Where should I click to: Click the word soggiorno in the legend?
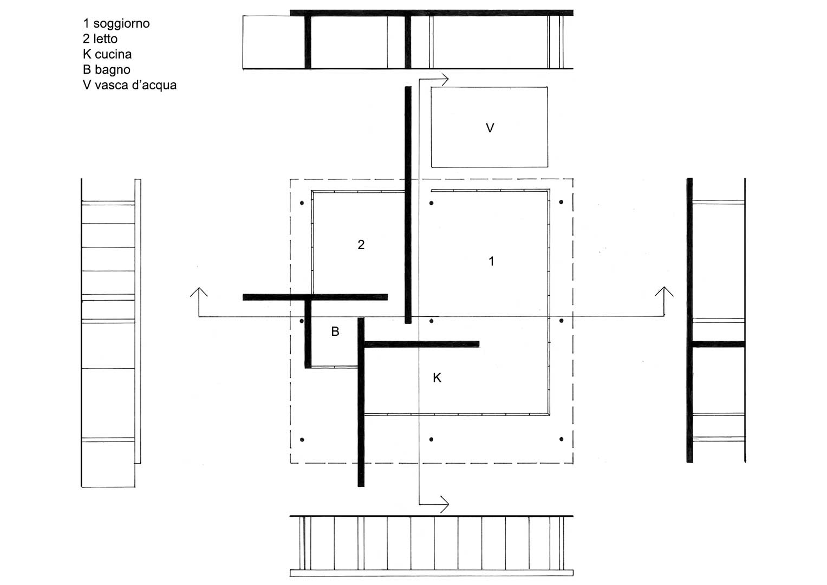pos(121,24)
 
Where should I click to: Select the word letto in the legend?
pos(105,39)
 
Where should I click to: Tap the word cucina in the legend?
pos(113,54)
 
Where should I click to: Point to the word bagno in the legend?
pos(112,70)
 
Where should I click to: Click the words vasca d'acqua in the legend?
pos(135,86)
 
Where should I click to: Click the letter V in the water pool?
pos(490,128)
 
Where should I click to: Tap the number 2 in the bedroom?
pos(361,244)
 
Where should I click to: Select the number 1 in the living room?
pos(491,262)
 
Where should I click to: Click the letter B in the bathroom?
pos(335,331)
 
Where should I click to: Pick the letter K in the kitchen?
pos(437,378)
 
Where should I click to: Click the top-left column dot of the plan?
pos(302,203)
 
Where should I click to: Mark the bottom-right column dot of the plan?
pos(561,439)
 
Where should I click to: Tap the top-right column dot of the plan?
pos(561,202)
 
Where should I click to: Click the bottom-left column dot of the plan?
pos(302,439)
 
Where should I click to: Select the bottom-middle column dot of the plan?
pos(431,439)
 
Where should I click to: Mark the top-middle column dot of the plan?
pos(431,203)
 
